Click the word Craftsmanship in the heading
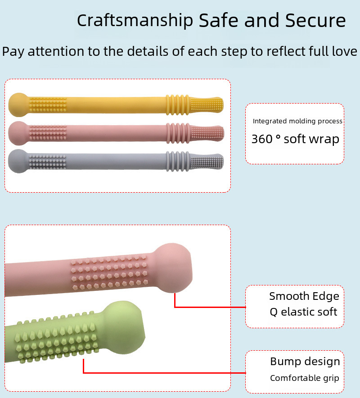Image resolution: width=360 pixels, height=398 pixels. [135, 21]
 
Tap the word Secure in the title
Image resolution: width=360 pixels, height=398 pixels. [315, 20]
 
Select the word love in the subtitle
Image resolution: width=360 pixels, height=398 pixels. [345, 51]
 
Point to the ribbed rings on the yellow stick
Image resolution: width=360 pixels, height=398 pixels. [178, 105]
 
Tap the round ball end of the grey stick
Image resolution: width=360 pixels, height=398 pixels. [18, 161]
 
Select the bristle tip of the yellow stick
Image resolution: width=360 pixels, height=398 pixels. [207, 104]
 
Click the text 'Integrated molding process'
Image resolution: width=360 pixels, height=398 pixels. [297, 121]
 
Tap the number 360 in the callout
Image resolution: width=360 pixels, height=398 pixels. [262, 139]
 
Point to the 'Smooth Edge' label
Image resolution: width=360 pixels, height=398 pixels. [304, 296]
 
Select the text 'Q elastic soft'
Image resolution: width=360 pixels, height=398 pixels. [303, 312]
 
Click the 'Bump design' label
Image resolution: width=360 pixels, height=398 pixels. [305, 362]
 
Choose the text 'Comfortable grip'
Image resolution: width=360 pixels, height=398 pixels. [305, 378]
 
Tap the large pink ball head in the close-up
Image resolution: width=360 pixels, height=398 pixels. [172, 268]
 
